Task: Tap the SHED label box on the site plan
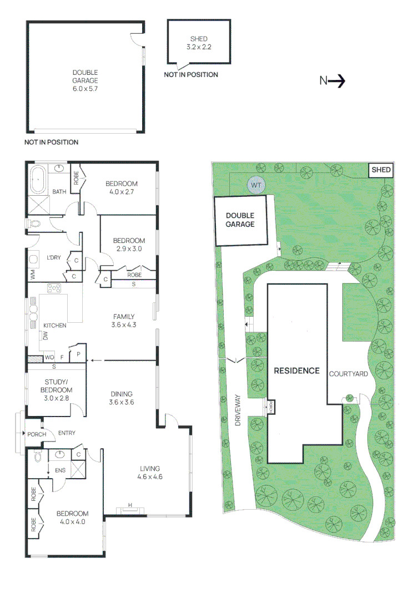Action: click(x=381, y=170)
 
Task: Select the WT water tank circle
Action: click(x=256, y=184)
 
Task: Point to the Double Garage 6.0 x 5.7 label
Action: click(x=85, y=80)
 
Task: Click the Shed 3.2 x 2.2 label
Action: click(x=198, y=43)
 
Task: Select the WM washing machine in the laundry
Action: click(x=32, y=275)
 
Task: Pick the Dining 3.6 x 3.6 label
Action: click(x=121, y=398)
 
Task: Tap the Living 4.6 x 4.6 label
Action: click(x=150, y=472)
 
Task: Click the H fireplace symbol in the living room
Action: click(x=130, y=506)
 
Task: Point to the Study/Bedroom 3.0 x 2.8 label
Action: click(x=56, y=386)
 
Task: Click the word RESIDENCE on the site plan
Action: click(x=296, y=370)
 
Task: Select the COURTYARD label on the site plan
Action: click(x=349, y=374)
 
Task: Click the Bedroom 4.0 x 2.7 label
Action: click(x=122, y=187)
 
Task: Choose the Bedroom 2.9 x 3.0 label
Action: click(x=129, y=245)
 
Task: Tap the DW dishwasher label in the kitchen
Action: click(x=46, y=335)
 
